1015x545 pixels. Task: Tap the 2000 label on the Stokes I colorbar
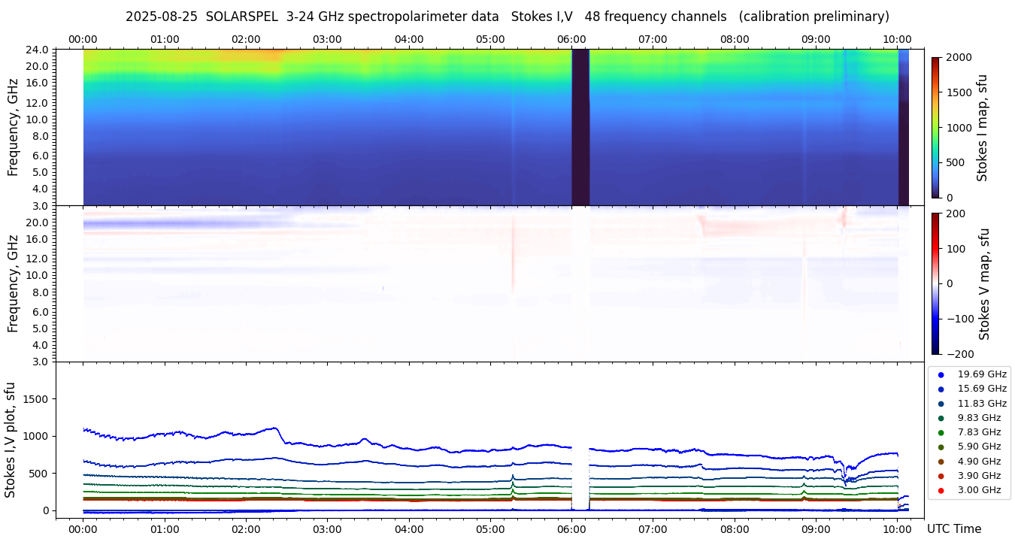pyautogui.click(x=959, y=58)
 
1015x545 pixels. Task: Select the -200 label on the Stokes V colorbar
pyautogui.click(x=961, y=354)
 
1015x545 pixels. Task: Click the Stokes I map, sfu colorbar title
pyautogui.click(x=983, y=128)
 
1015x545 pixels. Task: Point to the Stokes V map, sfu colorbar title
pyautogui.click(x=984, y=283)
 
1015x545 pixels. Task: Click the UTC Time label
pyautogui.click(x=953, y=529)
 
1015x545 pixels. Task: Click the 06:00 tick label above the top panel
pyautogui.click(x=571, y=39)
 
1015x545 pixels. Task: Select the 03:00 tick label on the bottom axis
pyautogui.click(x=327, y=529)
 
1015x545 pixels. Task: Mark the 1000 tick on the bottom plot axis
pyautogui.click(x=35, y=436)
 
